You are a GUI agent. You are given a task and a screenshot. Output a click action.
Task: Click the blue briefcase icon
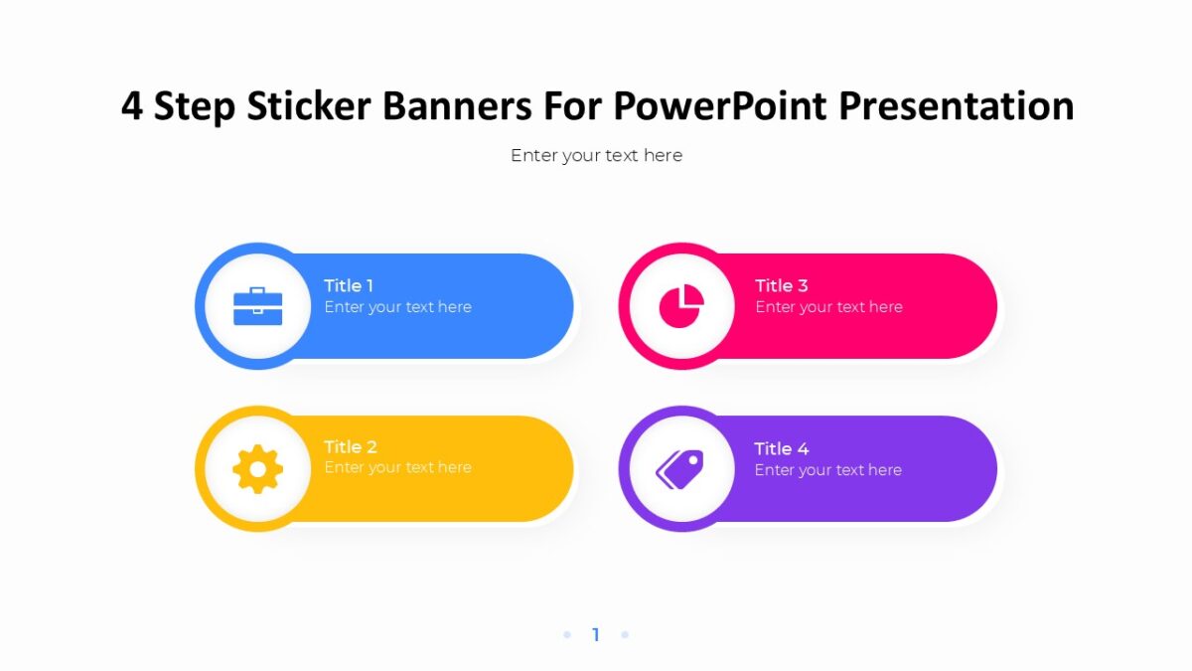tap(258, 306)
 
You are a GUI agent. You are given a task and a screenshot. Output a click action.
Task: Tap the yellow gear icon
tap(258, 469)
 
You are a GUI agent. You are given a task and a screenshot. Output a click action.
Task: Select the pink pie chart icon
tap(681, 306)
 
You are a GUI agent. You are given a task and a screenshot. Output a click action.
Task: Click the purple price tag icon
tap(680, 469)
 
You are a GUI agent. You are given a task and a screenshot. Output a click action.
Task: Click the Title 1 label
tap(349, 285)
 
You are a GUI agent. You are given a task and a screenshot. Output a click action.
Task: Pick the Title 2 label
tap(351, 446)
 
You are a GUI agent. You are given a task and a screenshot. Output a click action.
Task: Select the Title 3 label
tap(781, 285)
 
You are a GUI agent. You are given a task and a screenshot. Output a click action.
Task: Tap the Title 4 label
tap(781, 448)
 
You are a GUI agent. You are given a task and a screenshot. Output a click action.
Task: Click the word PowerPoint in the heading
tap(723, 106)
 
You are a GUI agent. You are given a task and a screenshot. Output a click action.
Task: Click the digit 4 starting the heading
tap(132, 106)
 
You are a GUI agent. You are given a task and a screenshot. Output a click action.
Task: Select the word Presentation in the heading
tap(956, 106)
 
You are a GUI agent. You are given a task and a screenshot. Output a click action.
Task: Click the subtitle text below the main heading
tap(596, 155)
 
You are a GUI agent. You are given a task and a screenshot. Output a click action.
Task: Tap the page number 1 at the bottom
tap(596, 634)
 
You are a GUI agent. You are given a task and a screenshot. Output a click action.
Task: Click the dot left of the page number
tap(567, 634)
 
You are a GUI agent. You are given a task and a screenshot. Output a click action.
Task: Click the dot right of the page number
tap(625, 634)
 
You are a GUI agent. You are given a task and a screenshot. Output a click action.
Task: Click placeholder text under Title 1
tap(397, 307)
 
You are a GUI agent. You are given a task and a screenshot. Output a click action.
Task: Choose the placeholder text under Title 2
tap(397, 467)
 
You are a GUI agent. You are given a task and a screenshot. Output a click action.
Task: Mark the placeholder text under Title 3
tap(828, 307)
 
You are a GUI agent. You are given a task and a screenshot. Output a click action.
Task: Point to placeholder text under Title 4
tap(827, 470)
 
